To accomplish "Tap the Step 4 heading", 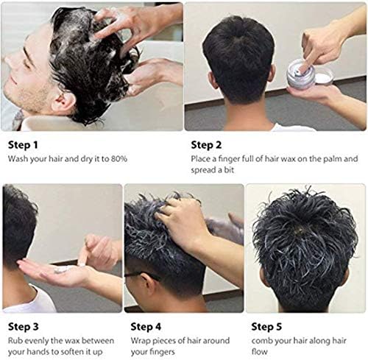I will tap(146, 325).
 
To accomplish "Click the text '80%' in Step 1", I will tap(110, 158).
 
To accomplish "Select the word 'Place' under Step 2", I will tap(202, 158).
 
